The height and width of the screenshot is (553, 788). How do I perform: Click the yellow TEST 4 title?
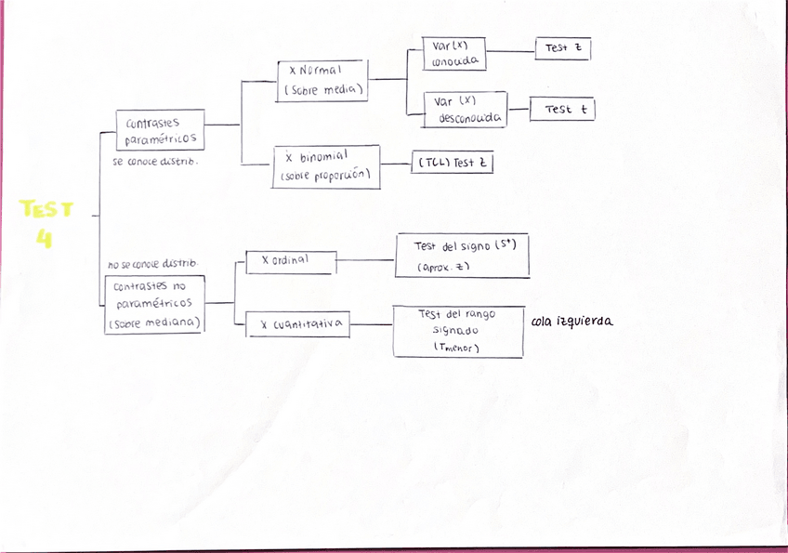click(46, 224)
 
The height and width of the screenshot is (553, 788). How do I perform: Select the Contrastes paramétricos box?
click(160, 131)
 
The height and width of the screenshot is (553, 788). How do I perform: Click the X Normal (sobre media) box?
click(322, 81)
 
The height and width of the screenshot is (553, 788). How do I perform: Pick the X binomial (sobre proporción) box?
click(326, 167)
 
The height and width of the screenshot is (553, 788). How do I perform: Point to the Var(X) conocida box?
click(455, 54)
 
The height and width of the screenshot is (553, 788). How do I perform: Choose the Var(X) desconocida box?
click(466, 110)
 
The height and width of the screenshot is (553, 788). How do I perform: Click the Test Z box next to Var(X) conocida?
click(562, 48)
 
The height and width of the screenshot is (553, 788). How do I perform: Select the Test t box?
click(561, 109)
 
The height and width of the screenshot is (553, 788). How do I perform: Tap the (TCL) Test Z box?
click(452, 163)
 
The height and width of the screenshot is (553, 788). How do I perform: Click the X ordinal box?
click(290, 262)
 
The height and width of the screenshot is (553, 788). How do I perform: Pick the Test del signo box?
click(462, 256)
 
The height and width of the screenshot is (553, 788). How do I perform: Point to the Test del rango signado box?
click(458, 331)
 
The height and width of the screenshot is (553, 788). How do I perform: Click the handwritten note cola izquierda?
click(572, 323)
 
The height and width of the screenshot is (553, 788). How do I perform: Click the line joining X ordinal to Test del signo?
click(365, 260)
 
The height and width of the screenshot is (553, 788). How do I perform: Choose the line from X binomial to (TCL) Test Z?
click(395, 165)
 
